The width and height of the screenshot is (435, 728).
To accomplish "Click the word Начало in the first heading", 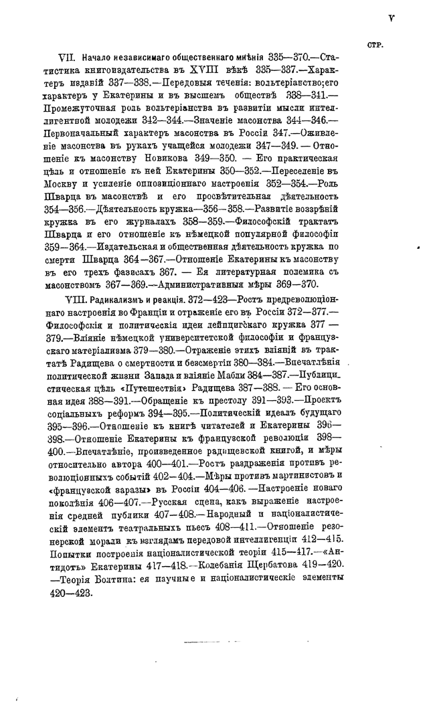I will (98, 60).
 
